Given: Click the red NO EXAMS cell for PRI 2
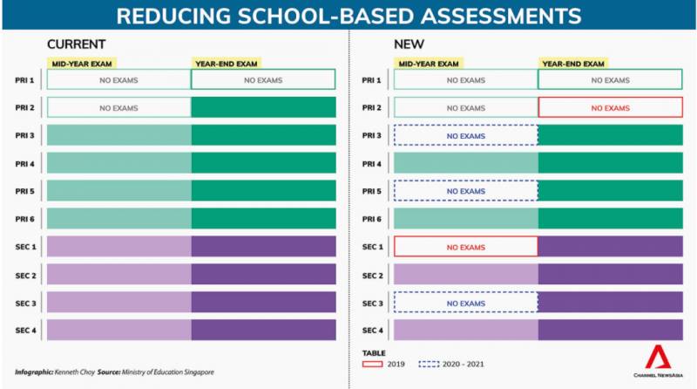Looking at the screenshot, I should (609, 108).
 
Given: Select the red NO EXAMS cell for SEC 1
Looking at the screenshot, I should (465, 247).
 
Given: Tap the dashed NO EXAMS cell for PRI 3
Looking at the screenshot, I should (465, 136).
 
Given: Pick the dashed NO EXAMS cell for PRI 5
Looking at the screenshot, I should (465, 191).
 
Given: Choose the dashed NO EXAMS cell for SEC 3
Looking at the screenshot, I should (465, 303).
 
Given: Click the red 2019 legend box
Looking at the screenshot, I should (374, 365).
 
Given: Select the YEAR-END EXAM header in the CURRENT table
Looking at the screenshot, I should (226, 63).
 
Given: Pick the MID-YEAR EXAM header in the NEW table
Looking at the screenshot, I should (429, 63).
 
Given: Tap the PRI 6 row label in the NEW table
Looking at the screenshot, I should (373, 219).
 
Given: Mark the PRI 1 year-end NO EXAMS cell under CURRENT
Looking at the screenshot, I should (263, 80).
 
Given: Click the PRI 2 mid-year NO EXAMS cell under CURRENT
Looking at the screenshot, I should (118, 108).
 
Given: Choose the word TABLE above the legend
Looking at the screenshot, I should (373, 352).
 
